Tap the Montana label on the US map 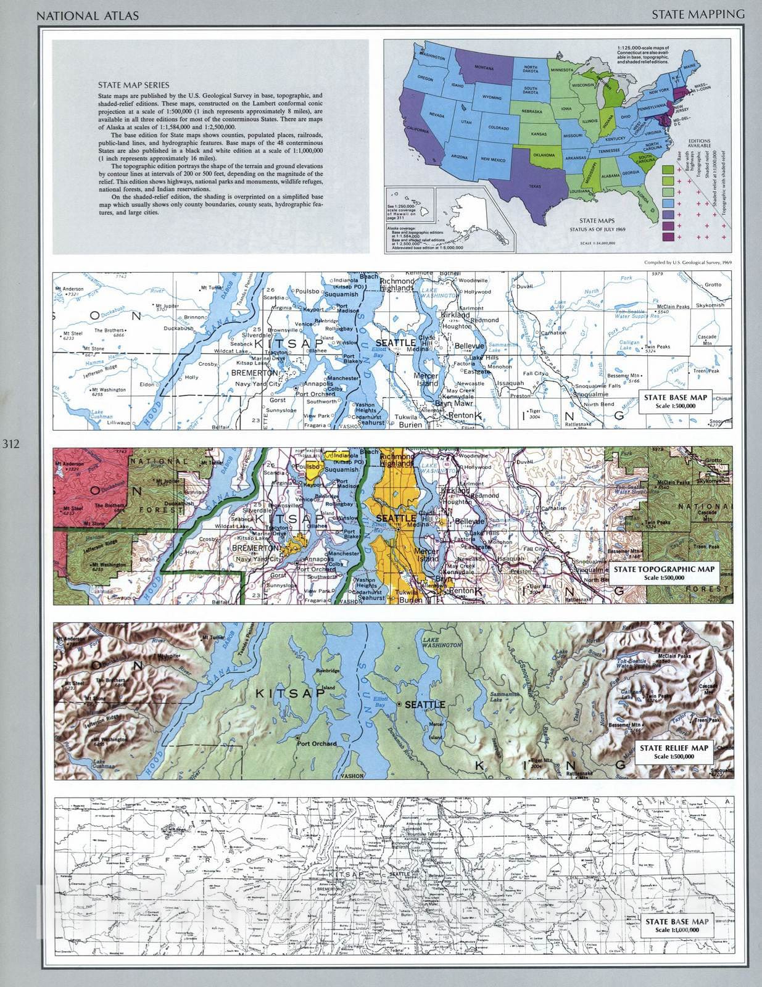[484, 67]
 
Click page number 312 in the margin [11, 443]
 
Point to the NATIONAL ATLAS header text [88, 15]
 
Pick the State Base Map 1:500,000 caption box [675, 401]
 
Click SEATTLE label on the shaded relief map [424, 704]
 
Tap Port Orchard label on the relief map [317, 743]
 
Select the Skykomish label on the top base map [710, 305]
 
